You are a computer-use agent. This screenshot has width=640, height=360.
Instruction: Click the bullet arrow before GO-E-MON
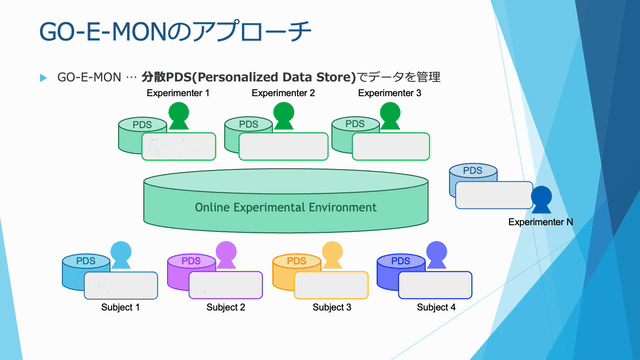coord(43,77)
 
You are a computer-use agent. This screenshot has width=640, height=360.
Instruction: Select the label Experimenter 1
coord(178,93)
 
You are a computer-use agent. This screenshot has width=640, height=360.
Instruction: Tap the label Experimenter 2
coord(284,93)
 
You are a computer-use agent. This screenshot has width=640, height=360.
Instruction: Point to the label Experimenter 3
coord(390,93)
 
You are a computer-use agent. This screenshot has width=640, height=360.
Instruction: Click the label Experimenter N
coord(541,221)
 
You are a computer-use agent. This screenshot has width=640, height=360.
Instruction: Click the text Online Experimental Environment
coord(286,207)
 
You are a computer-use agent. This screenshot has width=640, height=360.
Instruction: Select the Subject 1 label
coord(120,307)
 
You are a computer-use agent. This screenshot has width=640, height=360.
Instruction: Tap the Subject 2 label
coord(226,307)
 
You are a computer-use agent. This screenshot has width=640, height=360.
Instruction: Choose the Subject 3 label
coord(332,307)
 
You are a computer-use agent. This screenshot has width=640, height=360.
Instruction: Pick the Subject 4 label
coord(436,307)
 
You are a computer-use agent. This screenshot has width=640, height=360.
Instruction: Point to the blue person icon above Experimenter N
coord(541,198)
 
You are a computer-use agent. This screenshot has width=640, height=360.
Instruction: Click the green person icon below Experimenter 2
coord(284,116)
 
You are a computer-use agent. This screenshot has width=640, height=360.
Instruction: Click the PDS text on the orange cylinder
coord(297,262)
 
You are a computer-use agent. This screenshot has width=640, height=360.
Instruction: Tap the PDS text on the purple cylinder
coord(191,262)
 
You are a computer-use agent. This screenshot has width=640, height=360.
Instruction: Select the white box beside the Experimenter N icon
coord(494,195)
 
